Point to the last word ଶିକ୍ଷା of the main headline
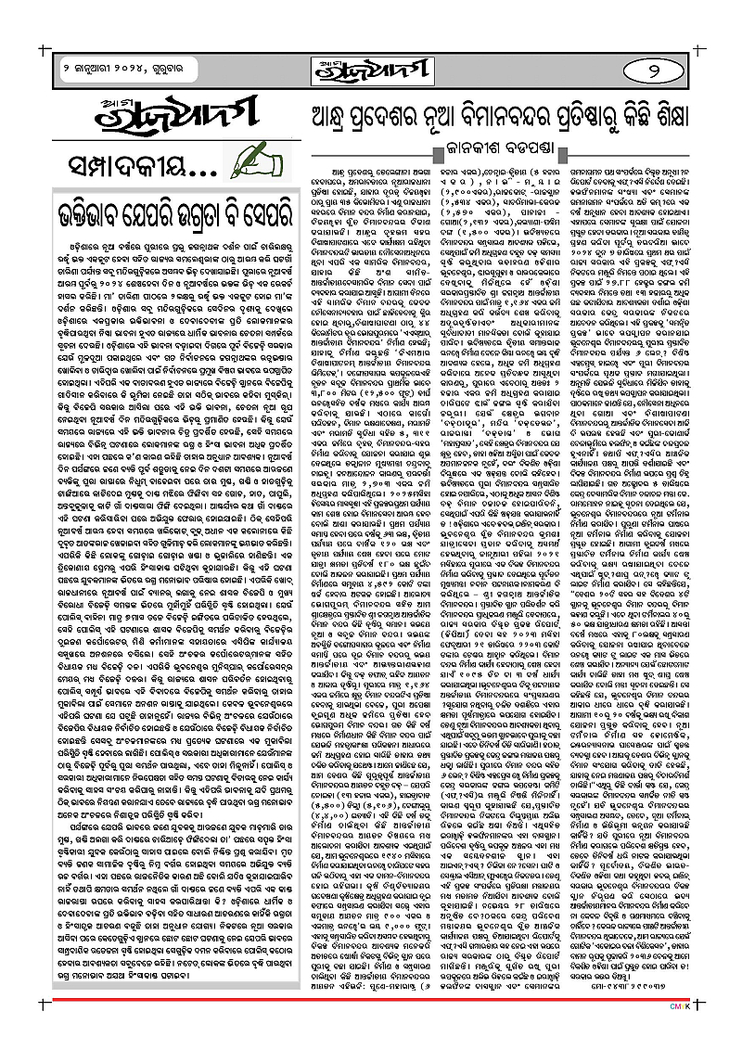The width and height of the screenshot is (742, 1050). click(691, 116)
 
